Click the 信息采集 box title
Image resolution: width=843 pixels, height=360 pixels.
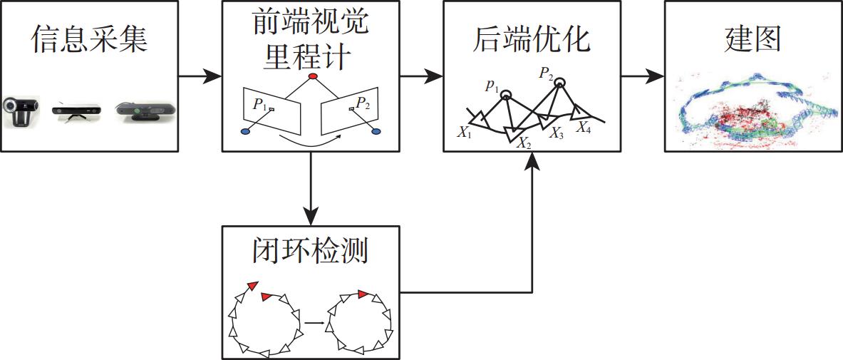[89, 41]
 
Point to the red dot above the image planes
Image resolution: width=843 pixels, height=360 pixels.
[311, 76]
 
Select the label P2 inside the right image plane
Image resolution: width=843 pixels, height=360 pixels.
[363, 104]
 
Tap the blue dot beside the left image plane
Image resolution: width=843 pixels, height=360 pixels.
[247, 131]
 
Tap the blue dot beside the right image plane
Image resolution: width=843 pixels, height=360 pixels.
[376, 131]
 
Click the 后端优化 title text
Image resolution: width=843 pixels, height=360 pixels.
[532, 41]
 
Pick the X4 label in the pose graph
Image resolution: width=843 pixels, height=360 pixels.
[584, 128]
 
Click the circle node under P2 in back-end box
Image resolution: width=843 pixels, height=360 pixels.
[560, 83]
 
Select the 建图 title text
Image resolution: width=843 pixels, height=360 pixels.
[753, 41]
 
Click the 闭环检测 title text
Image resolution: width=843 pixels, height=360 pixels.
[311, 250]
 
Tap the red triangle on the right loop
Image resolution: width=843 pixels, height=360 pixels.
[363, 294]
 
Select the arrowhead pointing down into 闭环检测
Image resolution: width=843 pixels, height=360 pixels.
[311, 216]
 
